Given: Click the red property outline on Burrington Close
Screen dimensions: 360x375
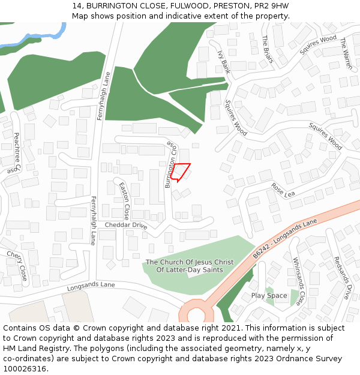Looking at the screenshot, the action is pyautogui.click(x=181, y=172).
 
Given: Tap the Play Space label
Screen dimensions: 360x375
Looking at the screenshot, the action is pyautogui.click(x=269, y=295).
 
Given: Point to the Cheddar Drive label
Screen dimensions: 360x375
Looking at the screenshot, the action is pyautogui.click(x=126, y=225).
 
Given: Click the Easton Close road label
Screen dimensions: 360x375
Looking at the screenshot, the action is pyautogui.click(x=124, y=201).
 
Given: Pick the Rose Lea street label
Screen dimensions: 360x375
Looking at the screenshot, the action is pyautogui.click(x=283, y=190).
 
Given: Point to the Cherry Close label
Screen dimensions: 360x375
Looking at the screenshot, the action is pyautogui.click(x=17, y=266).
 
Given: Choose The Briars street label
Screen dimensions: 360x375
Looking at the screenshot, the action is pyautogui.click(x=268, y=50).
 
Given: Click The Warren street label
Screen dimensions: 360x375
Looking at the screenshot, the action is pyautogui.click(x=347, y=53).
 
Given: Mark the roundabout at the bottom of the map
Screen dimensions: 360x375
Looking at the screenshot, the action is pyautogui.click(x=196, y=313).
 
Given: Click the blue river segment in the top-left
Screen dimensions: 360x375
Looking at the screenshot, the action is pyautogui.click(x=36, y=38).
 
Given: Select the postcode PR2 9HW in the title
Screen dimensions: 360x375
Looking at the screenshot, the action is pyautogui.click(x=274, y=5).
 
